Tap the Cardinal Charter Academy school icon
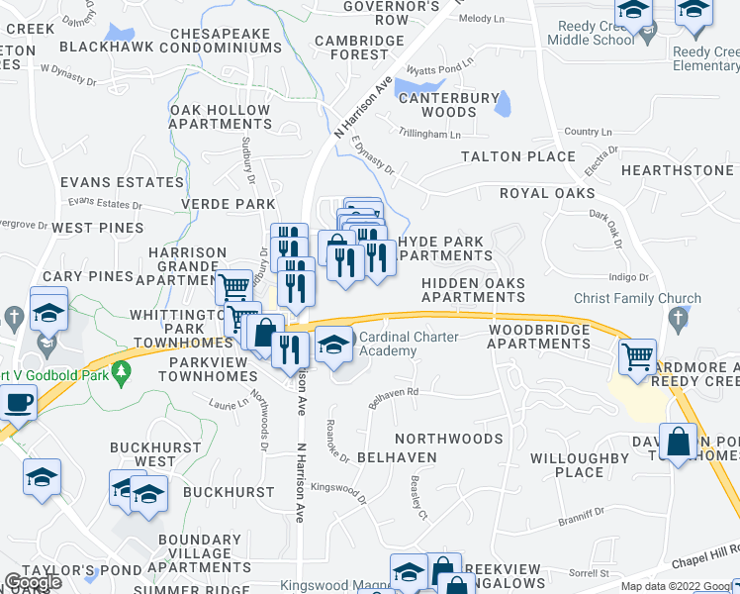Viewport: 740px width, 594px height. tap(334, 345)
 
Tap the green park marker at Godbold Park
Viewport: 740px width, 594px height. tap(122, 373)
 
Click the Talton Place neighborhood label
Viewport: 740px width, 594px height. tap(517, 156)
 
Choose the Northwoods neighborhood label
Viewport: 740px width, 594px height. tap(449, 438)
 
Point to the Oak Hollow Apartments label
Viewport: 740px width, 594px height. tap(220, 117)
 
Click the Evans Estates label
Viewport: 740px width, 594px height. tap(109, 182)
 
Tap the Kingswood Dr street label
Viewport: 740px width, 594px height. tap(337, 487)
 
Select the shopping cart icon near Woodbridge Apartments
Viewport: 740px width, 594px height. tap(638, 355)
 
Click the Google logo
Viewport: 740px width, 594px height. tap(32, 582)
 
